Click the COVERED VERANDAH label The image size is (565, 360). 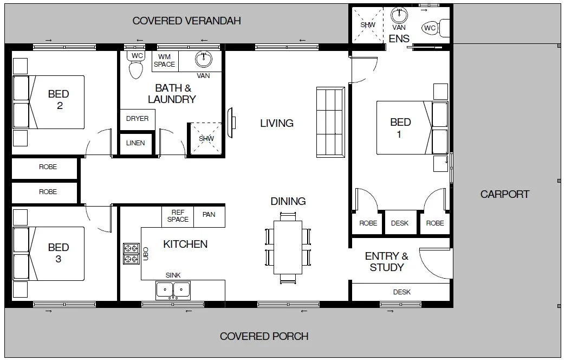[186, 21]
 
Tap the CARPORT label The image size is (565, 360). [504, 194]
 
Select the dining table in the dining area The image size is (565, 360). [288, 247]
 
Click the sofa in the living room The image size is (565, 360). [330, 123]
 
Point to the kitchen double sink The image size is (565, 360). [173, 291]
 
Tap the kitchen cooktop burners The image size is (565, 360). [131, 254]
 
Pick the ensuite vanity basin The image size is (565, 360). [400, 14]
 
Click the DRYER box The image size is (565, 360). [137, 119]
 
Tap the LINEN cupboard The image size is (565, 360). [135, 143]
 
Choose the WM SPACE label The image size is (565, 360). [164, 60]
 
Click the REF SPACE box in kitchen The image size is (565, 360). [178, 216]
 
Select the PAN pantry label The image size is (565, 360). [209, 215]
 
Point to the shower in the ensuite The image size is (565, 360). [368, 25]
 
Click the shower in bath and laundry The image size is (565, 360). [206, 139]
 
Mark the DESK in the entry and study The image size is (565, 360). [401, 292]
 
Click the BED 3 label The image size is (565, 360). [59, 253]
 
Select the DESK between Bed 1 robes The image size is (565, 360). [400, 223]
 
